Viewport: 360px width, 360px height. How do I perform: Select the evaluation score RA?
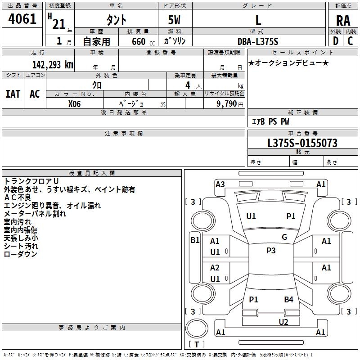tap(343, 21)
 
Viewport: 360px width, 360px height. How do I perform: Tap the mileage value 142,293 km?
tap(53, 65)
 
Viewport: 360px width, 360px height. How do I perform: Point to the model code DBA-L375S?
tap(258, 41)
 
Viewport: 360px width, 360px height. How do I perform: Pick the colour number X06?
tap(74, 103)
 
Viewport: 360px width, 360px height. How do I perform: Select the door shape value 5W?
tap(175, 21)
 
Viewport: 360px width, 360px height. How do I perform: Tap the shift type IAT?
tap(13, 94)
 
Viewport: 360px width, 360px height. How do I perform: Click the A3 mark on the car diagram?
tap(220, 184)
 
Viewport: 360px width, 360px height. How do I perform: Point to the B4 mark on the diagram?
tap(288, 299)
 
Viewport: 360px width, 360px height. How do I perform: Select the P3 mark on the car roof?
tap(271, 251)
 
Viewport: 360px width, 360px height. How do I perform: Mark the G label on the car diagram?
tap(284, 237)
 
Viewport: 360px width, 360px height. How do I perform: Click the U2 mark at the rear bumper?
tap(283, 322)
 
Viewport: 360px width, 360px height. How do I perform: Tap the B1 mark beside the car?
tap(195, 240)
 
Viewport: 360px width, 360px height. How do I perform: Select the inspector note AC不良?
tap(18, 197)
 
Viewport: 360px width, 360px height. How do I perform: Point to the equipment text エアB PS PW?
tap(270, 121)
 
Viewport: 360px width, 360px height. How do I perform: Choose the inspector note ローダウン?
tap(20, 254)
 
